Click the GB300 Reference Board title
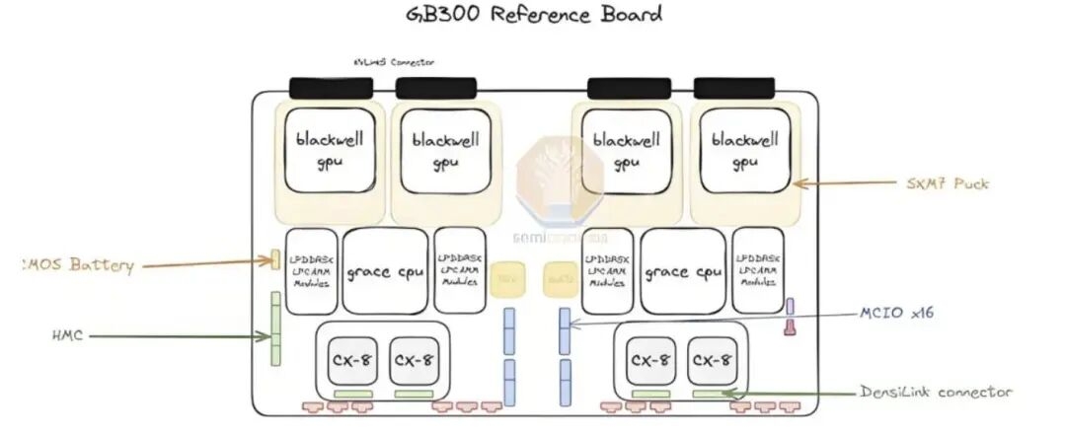[x=534, y=15]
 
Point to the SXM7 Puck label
[x=947, y=183]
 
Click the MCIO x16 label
[x=894, y=314]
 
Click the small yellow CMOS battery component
[x=275, y=260]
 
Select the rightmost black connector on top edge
[x=733, y=89]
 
